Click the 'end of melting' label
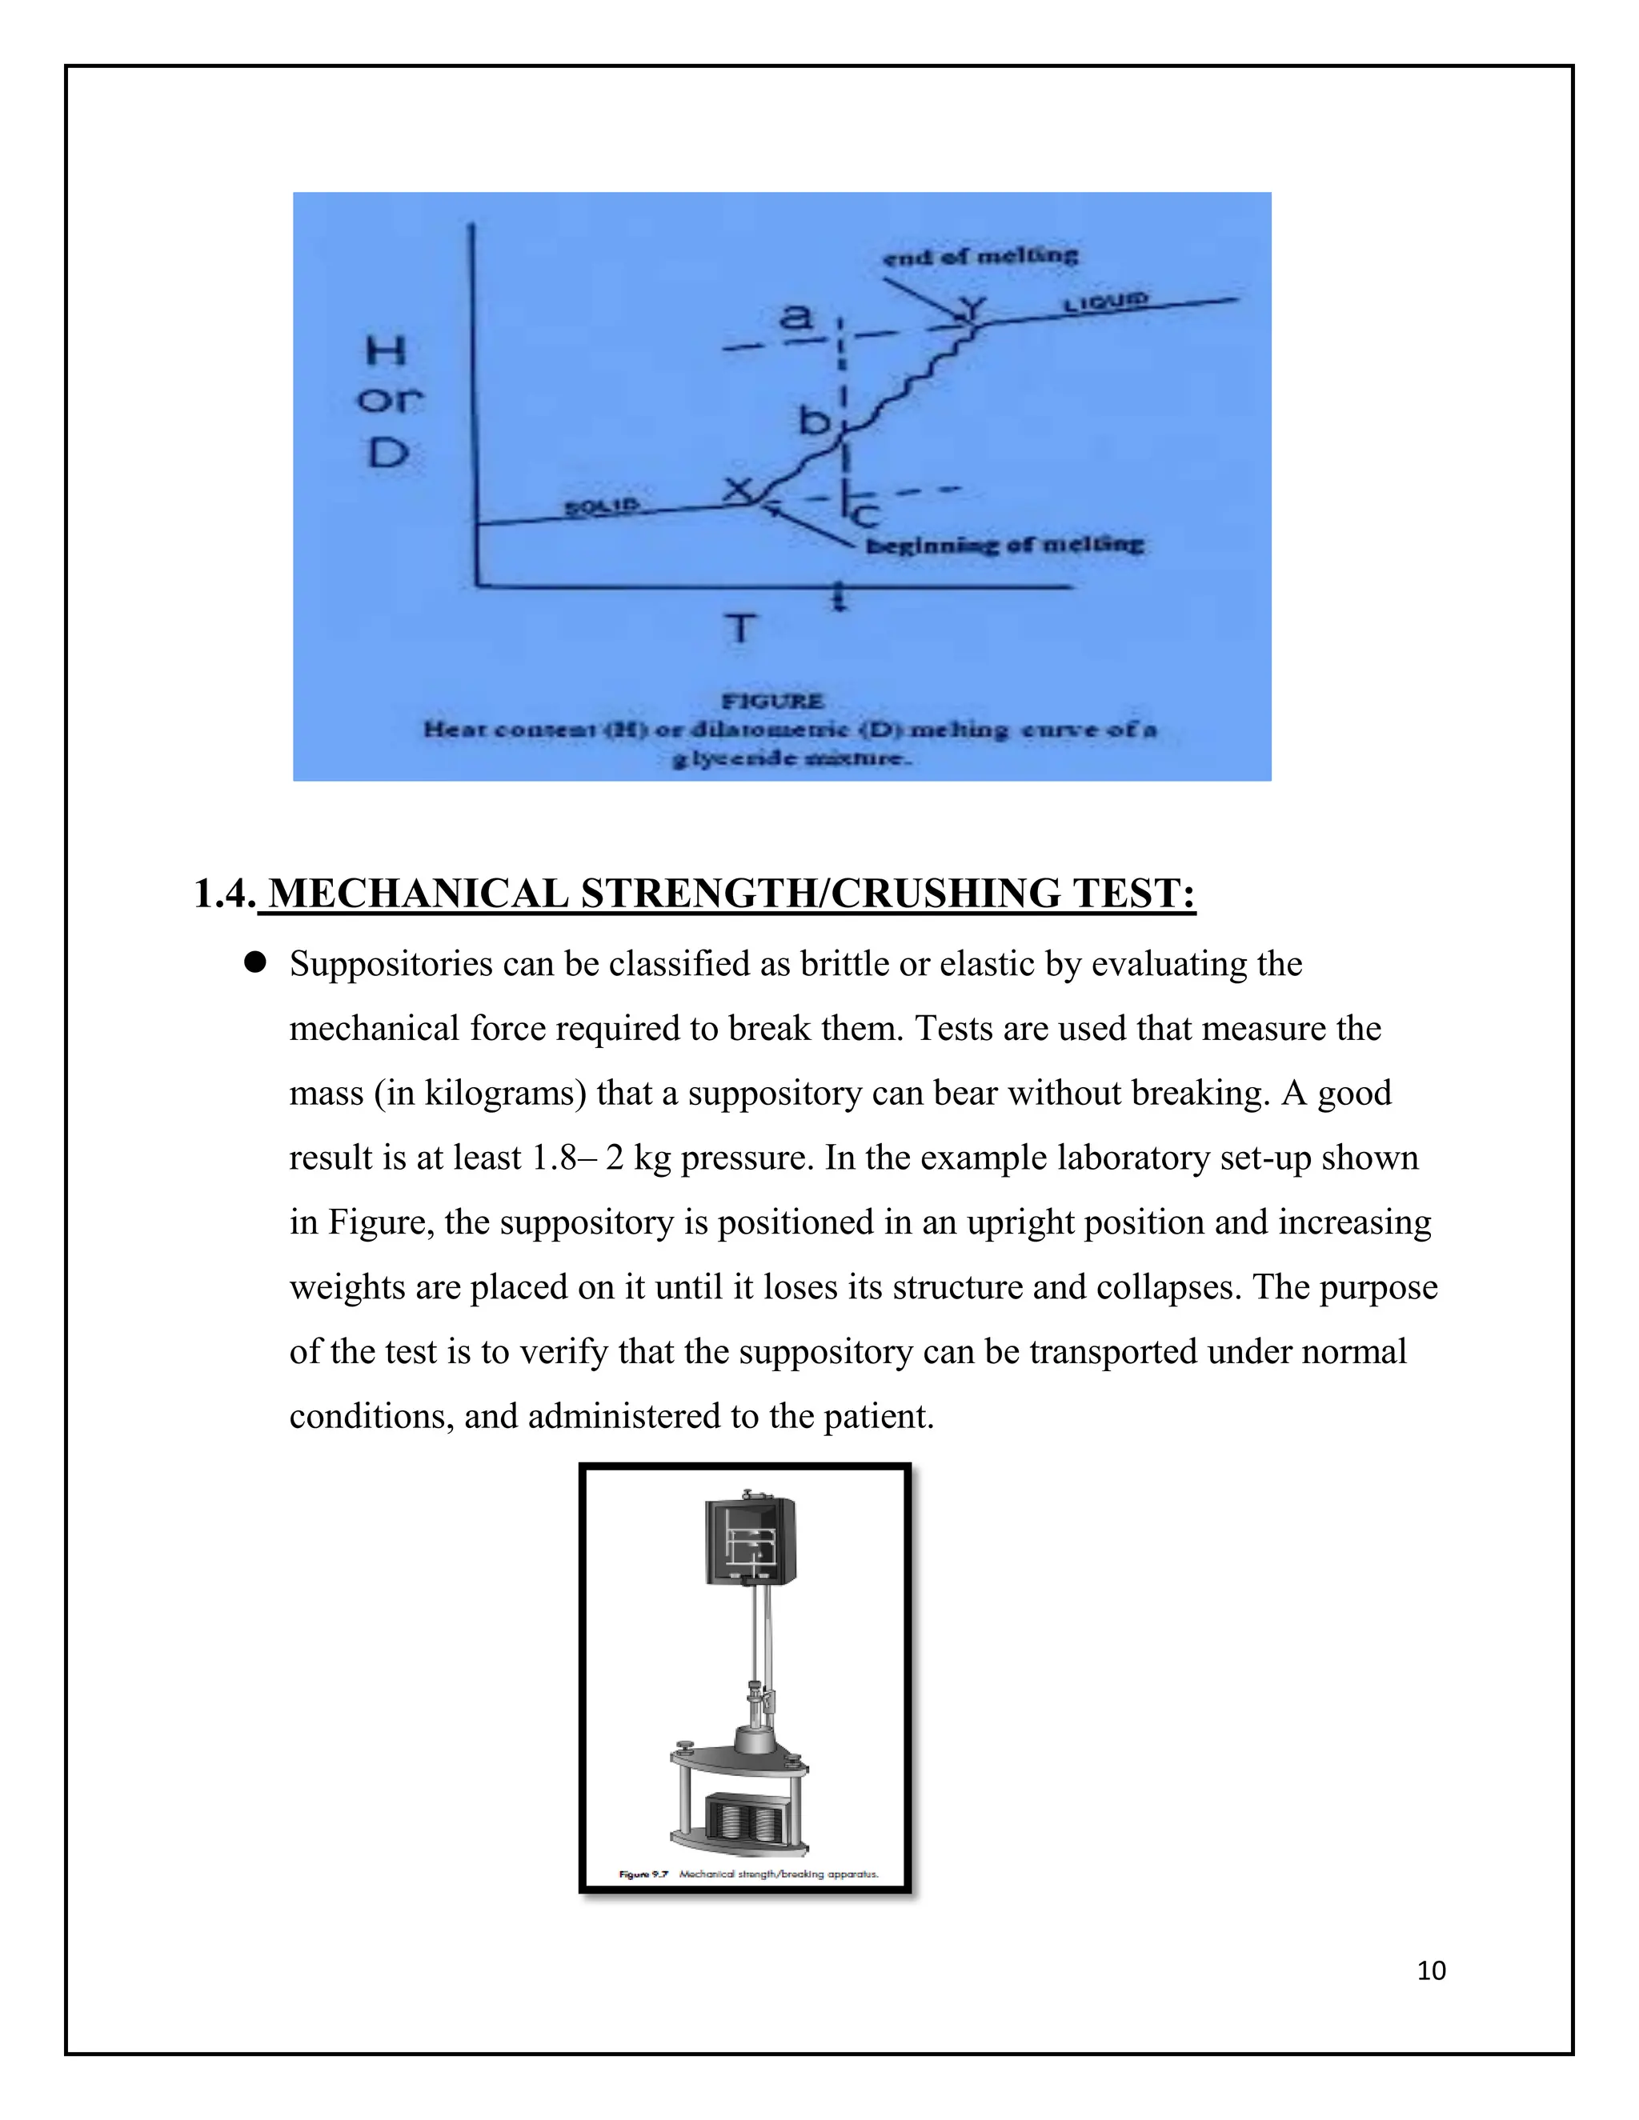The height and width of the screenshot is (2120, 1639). point(980,256)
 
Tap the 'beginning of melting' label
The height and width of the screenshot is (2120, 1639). point(1004,545)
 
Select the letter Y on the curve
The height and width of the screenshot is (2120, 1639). point(970,310)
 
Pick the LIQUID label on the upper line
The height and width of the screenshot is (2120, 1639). point(1106,302)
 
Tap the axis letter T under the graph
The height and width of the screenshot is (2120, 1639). point(740,629)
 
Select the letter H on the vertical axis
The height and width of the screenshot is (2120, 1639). point(386,351)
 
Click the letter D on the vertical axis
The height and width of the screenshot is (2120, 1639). point(387,452)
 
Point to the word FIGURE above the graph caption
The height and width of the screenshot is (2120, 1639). point(773,701)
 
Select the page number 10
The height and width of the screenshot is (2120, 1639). point(1431,1970)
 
